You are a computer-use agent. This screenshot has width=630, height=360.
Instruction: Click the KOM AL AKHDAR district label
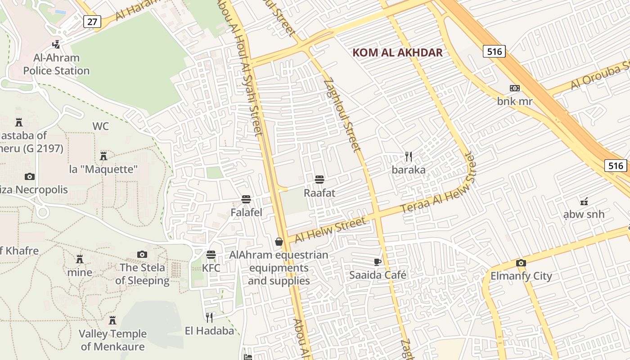point(397,52)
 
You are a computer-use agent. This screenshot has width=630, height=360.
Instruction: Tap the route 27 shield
point(92,21)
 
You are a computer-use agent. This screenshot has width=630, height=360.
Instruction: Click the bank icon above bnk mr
point(514,88)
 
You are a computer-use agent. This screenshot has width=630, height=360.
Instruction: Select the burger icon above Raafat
point(319,180)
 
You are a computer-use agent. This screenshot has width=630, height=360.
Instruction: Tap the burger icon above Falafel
point(246,199)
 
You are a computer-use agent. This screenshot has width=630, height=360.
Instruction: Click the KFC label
point(211,268)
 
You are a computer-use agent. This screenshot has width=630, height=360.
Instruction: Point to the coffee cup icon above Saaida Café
point(378,262)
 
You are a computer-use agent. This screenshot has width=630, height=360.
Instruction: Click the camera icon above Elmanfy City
point(521,263)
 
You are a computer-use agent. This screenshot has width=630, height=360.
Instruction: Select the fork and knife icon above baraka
point(408,157)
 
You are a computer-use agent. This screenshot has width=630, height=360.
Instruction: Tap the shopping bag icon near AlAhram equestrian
point(279,242)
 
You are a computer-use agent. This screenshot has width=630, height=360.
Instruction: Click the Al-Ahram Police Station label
point(56,64)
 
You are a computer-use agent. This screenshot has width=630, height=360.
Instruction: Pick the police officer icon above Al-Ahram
point(56,44)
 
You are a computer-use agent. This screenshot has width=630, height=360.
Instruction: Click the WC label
point(100,126)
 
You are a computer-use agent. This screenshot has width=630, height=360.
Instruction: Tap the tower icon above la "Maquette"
point(103,156)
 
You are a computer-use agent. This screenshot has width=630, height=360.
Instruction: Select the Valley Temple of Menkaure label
point(113,340)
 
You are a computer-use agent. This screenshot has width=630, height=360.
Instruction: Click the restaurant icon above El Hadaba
point(209,318)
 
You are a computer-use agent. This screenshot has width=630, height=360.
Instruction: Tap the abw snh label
point(584,214)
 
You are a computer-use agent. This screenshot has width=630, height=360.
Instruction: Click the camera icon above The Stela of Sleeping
point(142,254)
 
